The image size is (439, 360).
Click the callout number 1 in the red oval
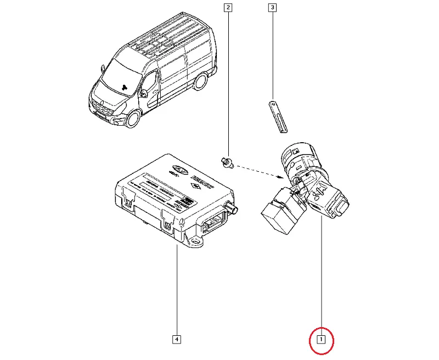point(323,339)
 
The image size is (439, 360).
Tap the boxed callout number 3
point(272,8)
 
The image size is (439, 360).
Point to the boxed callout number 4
point(176,339)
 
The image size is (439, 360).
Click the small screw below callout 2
point(226,161)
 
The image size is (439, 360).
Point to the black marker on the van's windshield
point(126,86)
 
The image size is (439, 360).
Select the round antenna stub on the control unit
point(234,209)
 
